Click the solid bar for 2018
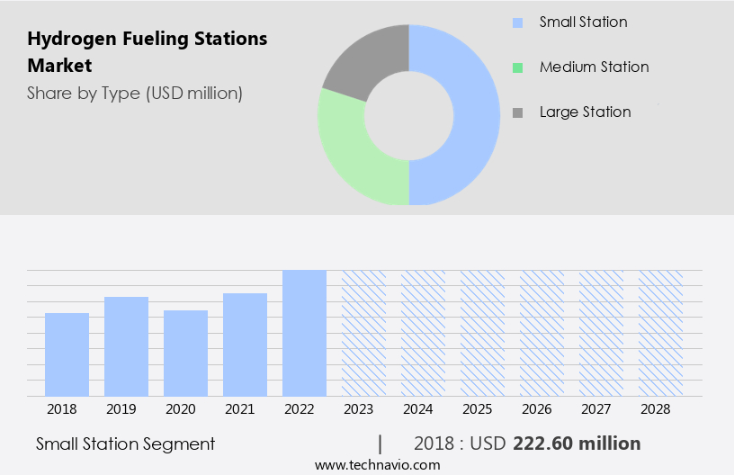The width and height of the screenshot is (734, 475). click(x=67, y=354)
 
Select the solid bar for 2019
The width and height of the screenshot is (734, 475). click(x=126, y=346)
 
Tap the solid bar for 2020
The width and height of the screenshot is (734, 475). click(x=185, y=354)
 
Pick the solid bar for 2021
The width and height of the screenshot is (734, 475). click(x=245, y=345)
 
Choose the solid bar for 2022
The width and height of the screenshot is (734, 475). click(x=304, y=333)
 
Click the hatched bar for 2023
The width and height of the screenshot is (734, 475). click(x=363, y=333)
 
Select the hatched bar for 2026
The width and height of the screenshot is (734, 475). click(x=542, y=333)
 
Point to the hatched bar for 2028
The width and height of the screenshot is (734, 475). click(x=660, y=333)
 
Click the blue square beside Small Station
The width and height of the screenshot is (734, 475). click(x=516, y=22)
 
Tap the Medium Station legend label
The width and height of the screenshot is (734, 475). click(x=594, y=67)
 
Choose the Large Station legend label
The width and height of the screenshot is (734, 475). click(x=585, y=112)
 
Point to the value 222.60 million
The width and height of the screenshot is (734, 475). click(x=577, y=444)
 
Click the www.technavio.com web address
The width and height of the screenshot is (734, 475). click(x=377, y=464)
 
